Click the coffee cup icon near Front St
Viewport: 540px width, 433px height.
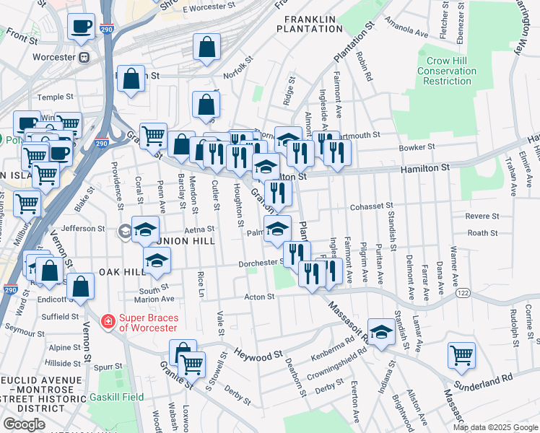(81, 27)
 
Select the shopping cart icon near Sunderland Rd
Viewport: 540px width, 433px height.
(461, 354)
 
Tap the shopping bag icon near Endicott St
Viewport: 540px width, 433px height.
(82, 287)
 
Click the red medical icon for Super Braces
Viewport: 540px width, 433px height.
(108, 320)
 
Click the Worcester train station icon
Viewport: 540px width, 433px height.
(84, 57)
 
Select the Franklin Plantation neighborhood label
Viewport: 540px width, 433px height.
(312, 24)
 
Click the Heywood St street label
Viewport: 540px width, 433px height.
(258, 356)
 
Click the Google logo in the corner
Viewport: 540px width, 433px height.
(24, 424)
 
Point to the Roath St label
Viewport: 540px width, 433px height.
(482, 232)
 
